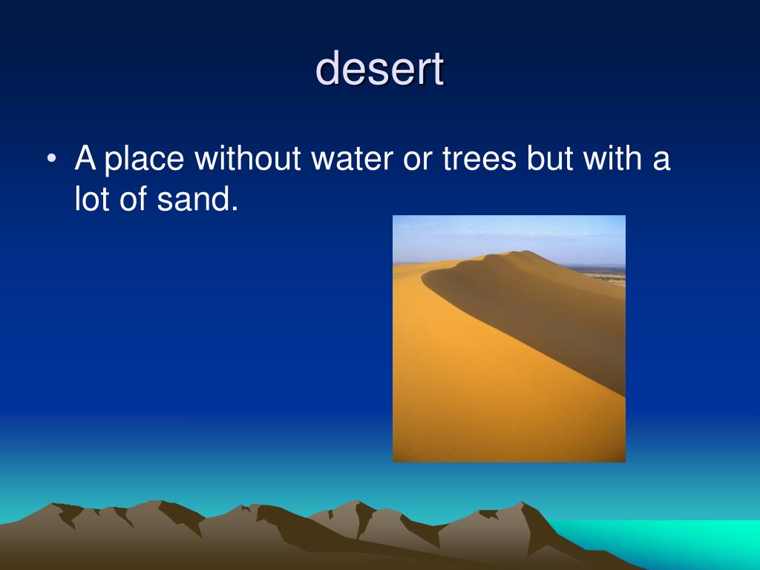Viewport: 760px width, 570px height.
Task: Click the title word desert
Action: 380,69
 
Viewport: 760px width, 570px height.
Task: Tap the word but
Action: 550,160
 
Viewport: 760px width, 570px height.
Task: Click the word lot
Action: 94,200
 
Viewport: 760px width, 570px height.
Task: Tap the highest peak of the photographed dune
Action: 525,252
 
